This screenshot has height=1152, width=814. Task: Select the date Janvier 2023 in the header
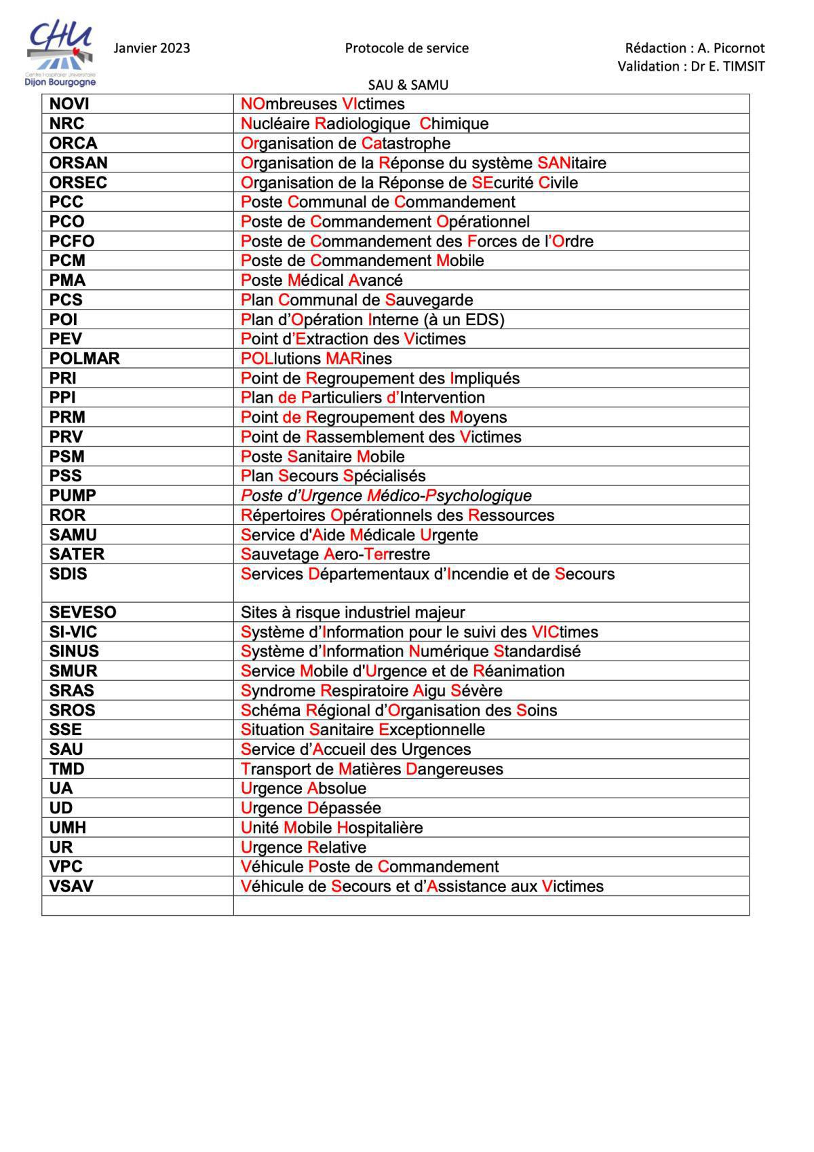coord(152,48)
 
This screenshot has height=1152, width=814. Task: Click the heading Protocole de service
coord(406,48)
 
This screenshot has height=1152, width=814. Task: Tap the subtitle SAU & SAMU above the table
coord(408,85)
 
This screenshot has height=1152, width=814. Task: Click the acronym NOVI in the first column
coord(69,104)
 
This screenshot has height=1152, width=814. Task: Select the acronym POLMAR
coord(84,358)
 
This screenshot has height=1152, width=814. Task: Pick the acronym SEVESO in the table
coord(83,612)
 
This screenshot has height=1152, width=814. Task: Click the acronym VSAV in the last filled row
coord(71,887)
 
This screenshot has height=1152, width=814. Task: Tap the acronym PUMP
coord(73,496)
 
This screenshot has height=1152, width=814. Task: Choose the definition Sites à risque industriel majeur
coord(353,612)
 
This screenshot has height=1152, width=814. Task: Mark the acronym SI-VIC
coord(73,632)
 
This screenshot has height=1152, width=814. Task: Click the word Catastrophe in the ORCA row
coord(406,143)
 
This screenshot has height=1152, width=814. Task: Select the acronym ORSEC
coord(78,183)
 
